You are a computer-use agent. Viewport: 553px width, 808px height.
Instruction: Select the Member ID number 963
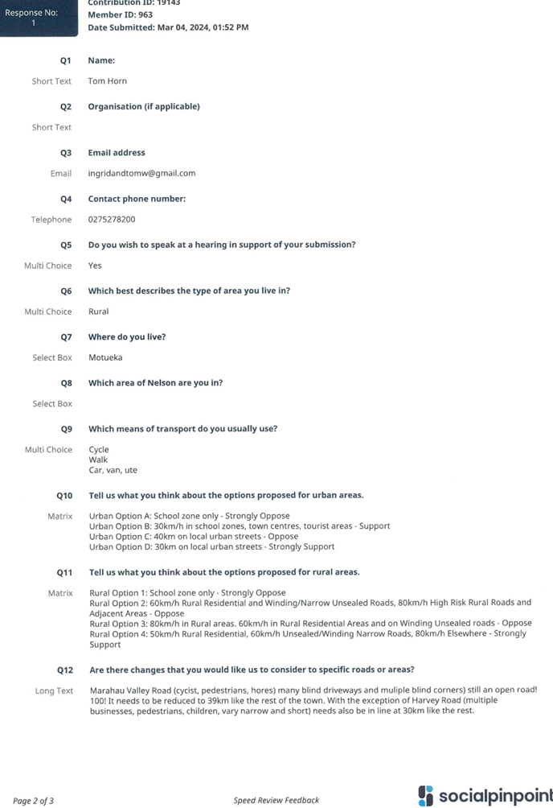pyautogui.click(x=145, y=15)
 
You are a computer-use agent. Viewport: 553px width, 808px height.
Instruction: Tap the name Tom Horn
pyautogui.click(x=107, y=81)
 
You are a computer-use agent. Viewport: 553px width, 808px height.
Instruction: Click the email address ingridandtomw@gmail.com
pyautogui.click(x=141, y=173)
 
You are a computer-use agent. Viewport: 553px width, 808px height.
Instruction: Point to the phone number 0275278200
pyautogui.click(x=112, y=219)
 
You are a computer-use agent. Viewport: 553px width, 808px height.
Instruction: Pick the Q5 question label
pyautogui.click(x=66, y=245)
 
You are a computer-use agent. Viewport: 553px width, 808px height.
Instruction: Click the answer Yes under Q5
pyautogui.click(x=95, y=266)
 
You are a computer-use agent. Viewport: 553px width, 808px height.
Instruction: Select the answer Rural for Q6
pyautogui.click(x=98, y=311)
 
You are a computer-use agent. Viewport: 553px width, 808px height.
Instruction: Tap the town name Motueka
pyautogui.click(x=105, y=357)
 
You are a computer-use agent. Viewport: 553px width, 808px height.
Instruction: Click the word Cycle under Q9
pyautogui.click(x=99, y=450)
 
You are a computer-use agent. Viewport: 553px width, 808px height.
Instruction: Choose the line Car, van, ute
pyautogui.click(x=113, y=470)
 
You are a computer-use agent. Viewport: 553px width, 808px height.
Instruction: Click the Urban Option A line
pyautogui.click(x=190, y=516)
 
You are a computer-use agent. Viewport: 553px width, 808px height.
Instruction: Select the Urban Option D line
pyautogui.click(x=211, y=546)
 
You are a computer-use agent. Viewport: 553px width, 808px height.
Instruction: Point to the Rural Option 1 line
pyautogui.click(x=187, y=592)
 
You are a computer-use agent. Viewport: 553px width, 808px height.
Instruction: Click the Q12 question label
pyautogui.click(x=65, y=670)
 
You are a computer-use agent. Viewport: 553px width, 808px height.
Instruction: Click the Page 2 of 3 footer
pyautogui.click(x=33, y=801)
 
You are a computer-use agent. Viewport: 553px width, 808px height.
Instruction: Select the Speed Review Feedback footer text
pyautogui.click(x=276, y=800)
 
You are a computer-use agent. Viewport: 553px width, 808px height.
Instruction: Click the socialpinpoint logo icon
pyautogui.click(x=426, y=796)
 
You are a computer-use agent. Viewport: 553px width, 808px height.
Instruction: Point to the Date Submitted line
pyautogui.click(x=168, y=27)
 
